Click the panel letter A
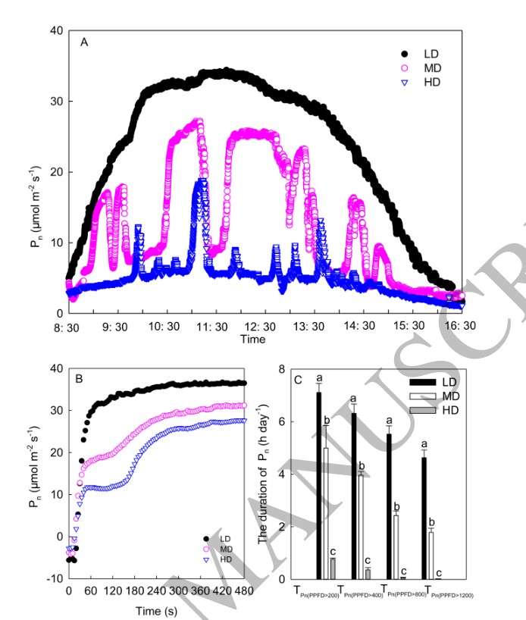(x=84, y=42)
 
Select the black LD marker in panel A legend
(x=404, y=54)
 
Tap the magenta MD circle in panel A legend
(x=404, y=67)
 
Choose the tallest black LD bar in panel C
(x=319, y=485)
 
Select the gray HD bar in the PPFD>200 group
(x=333, y=568)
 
